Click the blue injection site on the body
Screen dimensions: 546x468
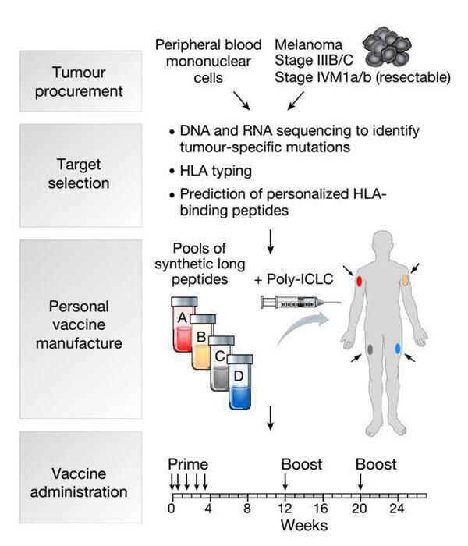(398, 350)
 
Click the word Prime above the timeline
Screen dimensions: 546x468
(188, 465)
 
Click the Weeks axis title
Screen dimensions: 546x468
(303, 525)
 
